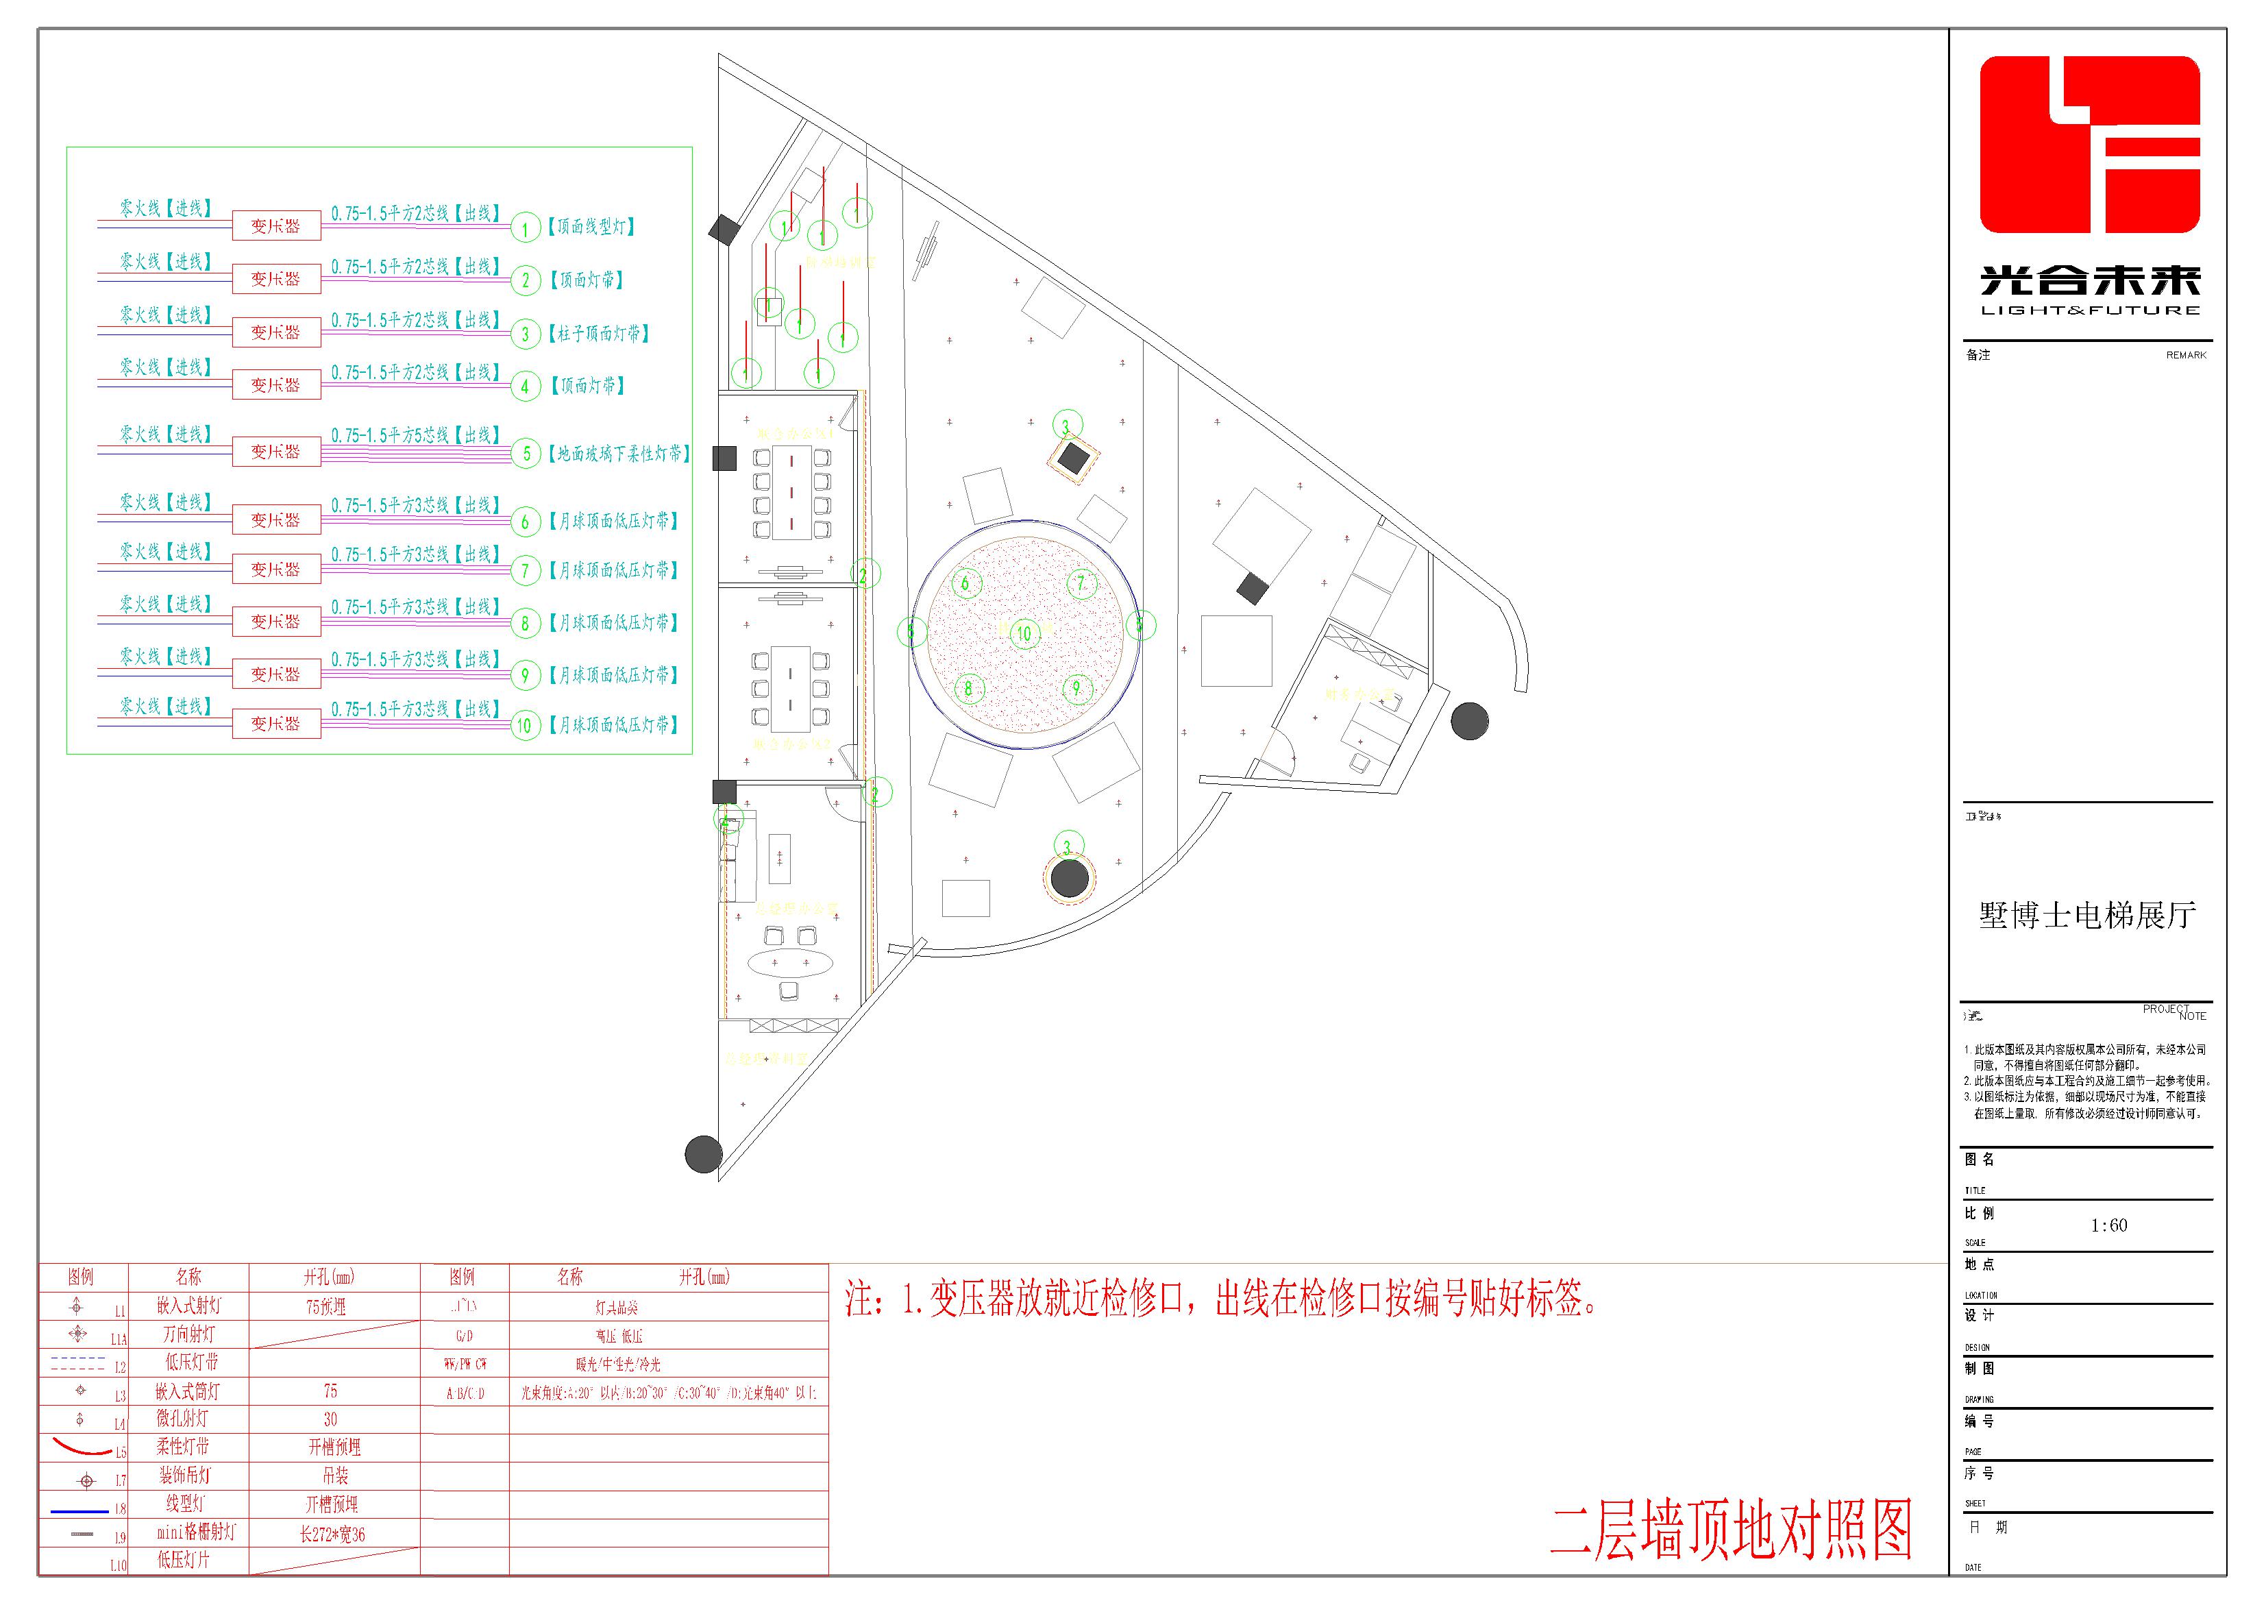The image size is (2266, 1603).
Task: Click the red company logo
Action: point(2089,145)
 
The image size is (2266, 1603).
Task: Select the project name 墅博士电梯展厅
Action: point(2087,915)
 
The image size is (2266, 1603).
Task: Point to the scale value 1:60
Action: point(2109,1225)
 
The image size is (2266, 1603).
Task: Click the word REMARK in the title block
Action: point(2186,354)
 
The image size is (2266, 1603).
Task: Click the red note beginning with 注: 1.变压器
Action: point(1220,1299)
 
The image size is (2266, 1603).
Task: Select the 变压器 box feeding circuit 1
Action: point(276,226)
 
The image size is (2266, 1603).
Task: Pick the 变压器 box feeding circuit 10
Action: point(276,724)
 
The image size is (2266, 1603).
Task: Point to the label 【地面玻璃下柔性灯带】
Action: point(619,453)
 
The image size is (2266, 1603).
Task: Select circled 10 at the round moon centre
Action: point(1024,633)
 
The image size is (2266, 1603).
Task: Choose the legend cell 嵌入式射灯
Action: point(188,1306)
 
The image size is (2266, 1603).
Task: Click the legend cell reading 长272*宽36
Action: point(332,1534)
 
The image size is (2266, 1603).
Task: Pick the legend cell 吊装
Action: point(334,1476)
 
